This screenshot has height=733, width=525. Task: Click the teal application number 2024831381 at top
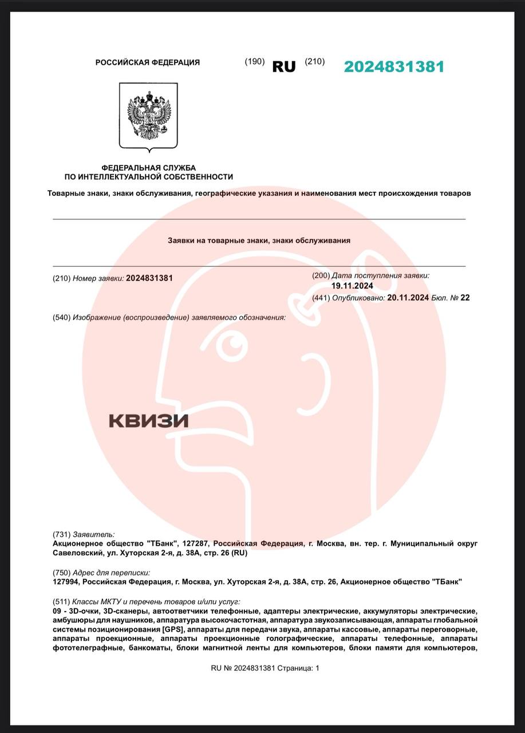pyautogui.click(x=394, y=66)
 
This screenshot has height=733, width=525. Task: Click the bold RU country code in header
pyautogui.click(x=284, y=66)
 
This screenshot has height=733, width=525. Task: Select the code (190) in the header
pyautogui.click(x=254, y=62)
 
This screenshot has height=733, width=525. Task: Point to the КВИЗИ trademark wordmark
pyautogui.click(x=148, y=421)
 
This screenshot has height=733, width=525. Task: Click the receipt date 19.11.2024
pyautogui.click(x=352, y=286)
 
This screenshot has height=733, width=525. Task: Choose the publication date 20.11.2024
pyautogui.click(x=408, y=297)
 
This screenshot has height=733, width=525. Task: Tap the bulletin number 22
pyautogui.click(x=465, y=297)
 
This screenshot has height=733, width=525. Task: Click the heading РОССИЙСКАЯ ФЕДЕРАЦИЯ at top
pyautogui.click(x=148, y=62)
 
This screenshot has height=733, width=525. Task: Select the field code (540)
pyautogui.click(x=61, y=317)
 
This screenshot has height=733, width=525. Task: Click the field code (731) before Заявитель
pyautogui.click(x=61, y=534)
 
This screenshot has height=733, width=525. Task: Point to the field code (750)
pyautogui.click(x=61, y=572)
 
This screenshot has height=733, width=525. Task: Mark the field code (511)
pyautogui.click(x=61, y=602)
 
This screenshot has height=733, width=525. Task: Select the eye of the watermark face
pyautogui.click(x=234, y=344)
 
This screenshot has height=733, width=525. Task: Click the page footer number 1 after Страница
pyautogui.click(x=317, y=668)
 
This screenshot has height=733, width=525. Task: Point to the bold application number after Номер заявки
pyautogui.click(x=149, y=278)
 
